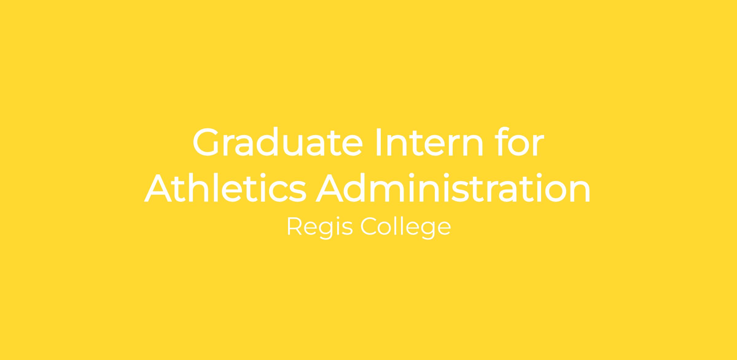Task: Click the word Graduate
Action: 278,141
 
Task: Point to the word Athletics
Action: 225,188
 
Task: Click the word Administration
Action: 453,188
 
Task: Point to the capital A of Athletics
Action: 158,188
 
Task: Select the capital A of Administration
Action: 330,188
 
